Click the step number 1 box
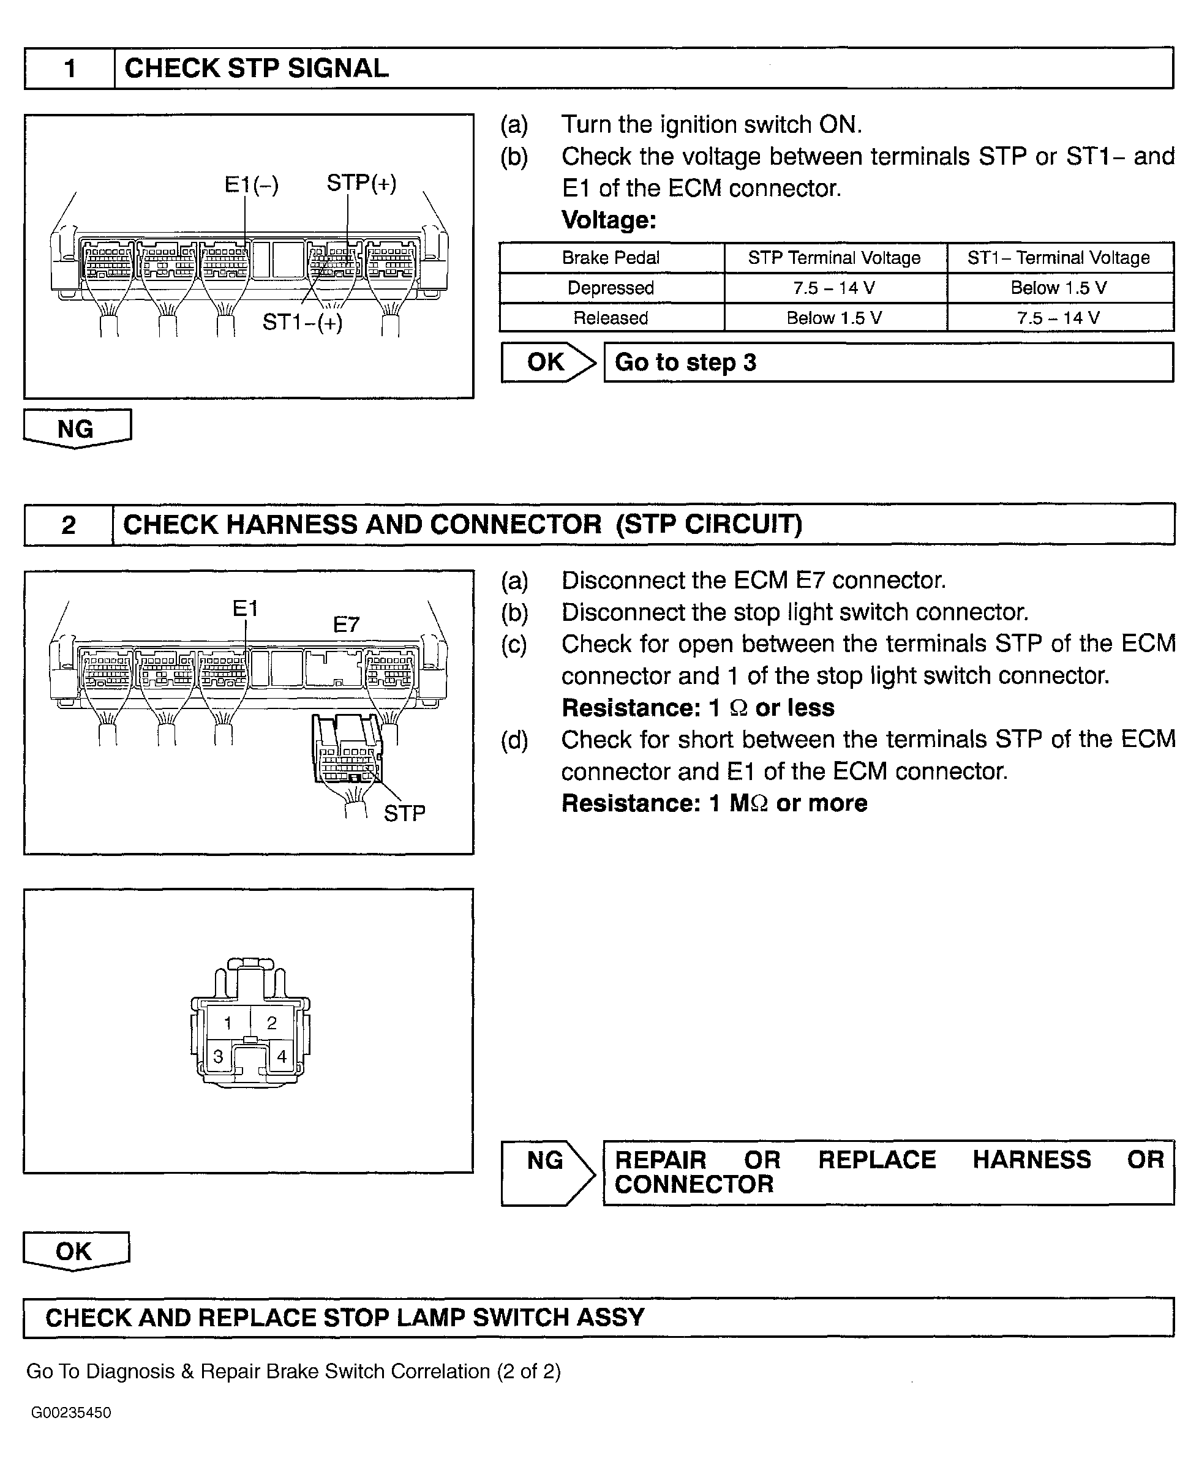coord(70,69)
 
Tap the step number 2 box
coord(69,525)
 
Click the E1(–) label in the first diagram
coord(252,184)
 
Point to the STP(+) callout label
coord(361,183)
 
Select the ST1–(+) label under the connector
coord(303,322)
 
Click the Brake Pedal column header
coord(611,258)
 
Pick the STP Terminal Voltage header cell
coord(833,258)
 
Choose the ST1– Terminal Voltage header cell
coord(1058,258)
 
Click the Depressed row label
coord(611,288)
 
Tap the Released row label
coord(611,318)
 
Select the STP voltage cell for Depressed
coord(833,288)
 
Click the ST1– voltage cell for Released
coord(1058,318)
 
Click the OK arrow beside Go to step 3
coord(547,362)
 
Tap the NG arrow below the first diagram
coord(76,429)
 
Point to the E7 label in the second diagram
coord(346,625)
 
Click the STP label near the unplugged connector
coord(404,814)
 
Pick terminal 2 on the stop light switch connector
coord(271,1023)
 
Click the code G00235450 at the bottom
coord(71,1413)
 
